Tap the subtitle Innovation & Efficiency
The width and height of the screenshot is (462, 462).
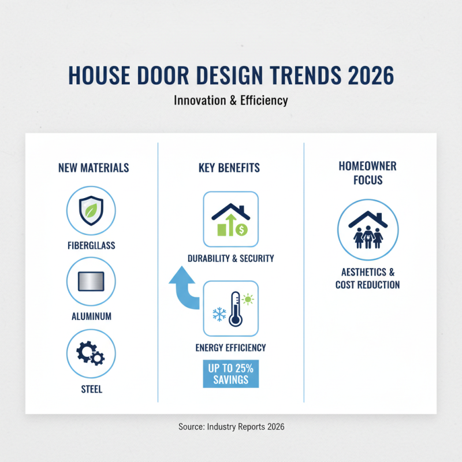(231, 100)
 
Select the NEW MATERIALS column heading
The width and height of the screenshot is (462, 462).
(94, 168)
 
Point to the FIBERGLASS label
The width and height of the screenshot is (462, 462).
(91, 245)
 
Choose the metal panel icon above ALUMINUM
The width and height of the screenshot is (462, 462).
(91, 281)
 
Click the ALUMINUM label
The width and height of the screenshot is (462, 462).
(91, 317)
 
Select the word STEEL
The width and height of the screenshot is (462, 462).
(91, 389)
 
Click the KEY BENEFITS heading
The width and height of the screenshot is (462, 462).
(229, 168)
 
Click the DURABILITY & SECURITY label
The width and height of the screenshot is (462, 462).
(230, 259)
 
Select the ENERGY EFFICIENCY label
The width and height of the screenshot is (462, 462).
(230, 348)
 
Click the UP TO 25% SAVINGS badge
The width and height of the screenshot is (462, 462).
(230, 373)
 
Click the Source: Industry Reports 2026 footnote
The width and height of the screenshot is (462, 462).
(231, 427)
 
